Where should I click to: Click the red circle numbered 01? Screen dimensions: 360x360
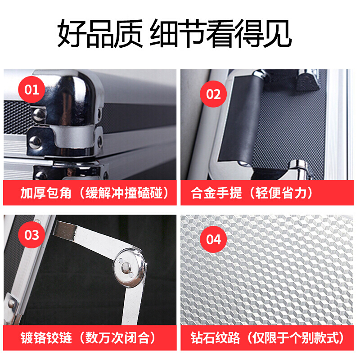[x=31, y=90]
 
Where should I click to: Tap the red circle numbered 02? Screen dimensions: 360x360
[x=213, y=94]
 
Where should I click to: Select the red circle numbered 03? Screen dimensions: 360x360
[x=31, y=234]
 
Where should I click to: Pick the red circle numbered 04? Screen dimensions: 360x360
[x=213, y=239]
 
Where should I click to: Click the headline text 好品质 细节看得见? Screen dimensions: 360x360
[x=175, y=33]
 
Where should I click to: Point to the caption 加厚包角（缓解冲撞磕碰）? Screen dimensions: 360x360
[x=94, y=193]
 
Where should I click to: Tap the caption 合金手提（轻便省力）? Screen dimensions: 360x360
[x=252, y=193]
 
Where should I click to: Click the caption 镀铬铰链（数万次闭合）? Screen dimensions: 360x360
[x=88, y=338]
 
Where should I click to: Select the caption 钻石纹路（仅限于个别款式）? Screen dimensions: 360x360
[x=267, y=338]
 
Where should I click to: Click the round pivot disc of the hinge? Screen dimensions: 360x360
[x=129, y=267]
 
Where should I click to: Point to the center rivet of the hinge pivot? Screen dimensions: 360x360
[x=126, y=267]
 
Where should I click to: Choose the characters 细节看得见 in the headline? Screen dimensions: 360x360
[x=221, y=33]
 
